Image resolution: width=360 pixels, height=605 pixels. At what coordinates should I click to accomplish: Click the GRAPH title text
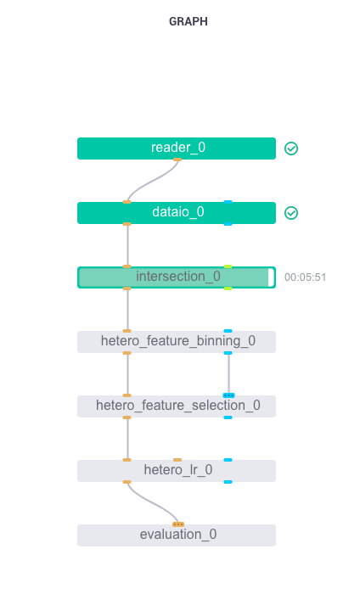click(188, 22)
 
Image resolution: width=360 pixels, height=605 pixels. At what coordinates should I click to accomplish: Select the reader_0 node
click(177, 148)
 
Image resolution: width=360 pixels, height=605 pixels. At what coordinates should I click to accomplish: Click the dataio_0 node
click(177, 213)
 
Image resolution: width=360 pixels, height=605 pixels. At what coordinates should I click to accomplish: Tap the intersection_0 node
click(177, 277)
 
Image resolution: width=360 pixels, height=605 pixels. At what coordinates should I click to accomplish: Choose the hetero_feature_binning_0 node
click(177, 342)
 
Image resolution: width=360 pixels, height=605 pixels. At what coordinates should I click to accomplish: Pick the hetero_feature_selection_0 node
click(177, 406)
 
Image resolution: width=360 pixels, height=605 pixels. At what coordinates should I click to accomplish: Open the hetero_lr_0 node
click(177, 471)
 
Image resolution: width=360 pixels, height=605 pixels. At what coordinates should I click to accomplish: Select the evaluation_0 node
click(177, 535)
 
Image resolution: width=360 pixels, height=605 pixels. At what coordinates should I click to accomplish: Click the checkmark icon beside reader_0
click(291, 148)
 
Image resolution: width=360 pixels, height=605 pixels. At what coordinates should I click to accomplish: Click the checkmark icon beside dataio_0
click(291, 213)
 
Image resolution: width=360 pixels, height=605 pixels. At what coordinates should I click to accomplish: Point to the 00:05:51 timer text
click(306, 277)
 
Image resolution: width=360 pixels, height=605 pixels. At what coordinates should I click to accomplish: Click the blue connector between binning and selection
click(228, 373)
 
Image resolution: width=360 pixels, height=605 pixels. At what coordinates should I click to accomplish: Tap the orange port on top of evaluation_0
click(177, 524)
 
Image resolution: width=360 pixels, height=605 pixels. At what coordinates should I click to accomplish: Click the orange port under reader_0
click(177, 159)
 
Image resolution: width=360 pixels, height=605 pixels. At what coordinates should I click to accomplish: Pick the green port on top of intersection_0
click(228, 266)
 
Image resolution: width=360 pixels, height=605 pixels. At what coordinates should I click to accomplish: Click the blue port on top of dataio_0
click(228, 202)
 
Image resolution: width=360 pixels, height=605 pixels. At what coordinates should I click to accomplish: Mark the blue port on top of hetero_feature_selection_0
click(228, 395)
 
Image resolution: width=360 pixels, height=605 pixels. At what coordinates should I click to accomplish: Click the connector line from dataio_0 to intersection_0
click(127, 245)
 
